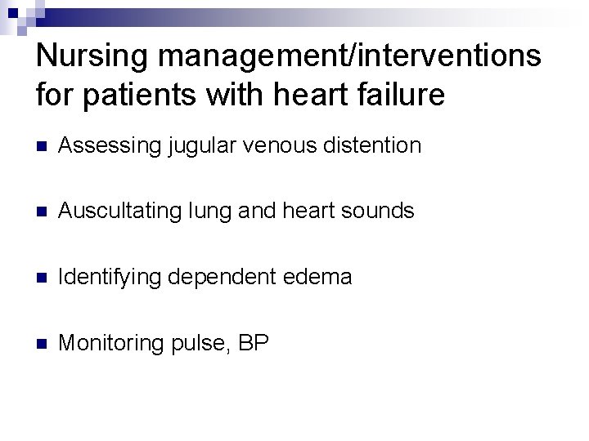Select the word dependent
click(216, 278)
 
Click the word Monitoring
click(111, 343)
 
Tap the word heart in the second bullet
click(307, 212)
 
